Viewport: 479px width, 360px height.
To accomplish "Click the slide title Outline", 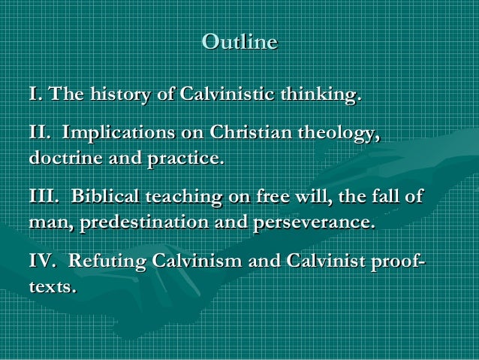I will click(x=239, y=42).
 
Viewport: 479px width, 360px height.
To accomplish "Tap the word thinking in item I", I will click(x=319, y=95).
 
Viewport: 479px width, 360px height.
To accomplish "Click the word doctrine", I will click(x=65, y=159).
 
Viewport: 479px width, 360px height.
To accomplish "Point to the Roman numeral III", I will click(x=42, y=198).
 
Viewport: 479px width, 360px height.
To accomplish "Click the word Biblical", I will click(x=106, y=198).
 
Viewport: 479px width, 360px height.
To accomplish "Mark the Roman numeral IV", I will click(x=41, y=262).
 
